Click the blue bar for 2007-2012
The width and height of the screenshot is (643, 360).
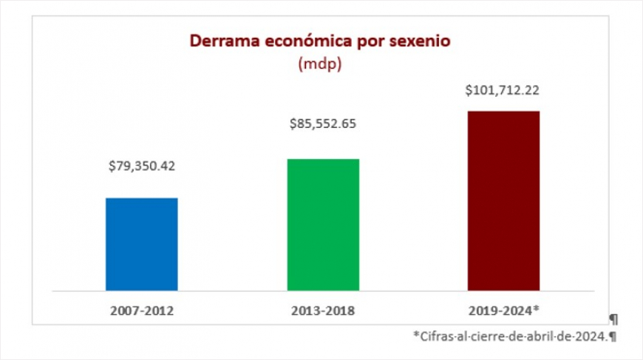pos(142,244)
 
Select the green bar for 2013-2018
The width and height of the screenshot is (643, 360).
pos(323,224)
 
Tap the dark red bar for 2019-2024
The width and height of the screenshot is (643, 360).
pos(503,200)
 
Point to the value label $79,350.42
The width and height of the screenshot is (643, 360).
pos(142,165)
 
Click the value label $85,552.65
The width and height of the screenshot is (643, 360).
pos(323,124)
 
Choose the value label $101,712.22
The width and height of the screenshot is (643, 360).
pos(503,92)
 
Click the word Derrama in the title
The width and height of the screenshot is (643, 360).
pos(220,41)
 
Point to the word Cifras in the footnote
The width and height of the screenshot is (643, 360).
pos(435,336)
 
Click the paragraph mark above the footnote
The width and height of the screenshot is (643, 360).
pos(613,319)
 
